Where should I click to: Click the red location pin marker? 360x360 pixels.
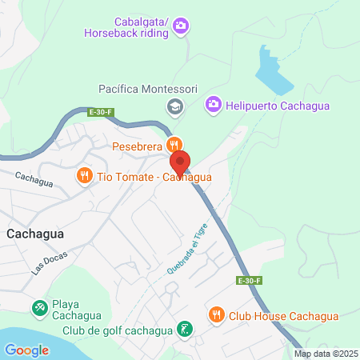point(180,162)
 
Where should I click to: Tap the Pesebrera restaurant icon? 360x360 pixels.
point(173,145)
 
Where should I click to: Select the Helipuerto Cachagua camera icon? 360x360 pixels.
point(213,104)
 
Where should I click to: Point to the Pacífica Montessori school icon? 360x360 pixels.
point(173,106)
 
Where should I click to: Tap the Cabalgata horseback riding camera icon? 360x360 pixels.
point(181,26)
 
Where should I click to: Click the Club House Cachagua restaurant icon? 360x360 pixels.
point(214,314)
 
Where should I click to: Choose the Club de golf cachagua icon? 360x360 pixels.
point(185,329)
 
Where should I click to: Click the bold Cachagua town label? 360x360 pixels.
point(35,234)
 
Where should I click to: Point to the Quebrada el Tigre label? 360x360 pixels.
point(182,254)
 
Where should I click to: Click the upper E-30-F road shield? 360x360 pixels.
point(100,113)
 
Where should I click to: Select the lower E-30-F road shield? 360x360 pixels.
point(248,281)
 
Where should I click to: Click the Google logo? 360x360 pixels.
point(26,350)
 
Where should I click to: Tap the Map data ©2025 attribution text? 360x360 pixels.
point(326,354)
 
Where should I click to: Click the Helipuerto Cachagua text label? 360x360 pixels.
point(278,105)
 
